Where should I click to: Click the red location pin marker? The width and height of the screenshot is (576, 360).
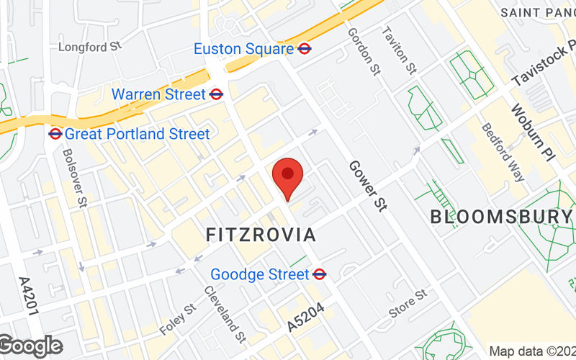288,176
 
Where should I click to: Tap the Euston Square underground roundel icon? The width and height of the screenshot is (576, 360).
305,49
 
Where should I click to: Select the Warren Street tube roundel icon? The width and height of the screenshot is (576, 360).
216,94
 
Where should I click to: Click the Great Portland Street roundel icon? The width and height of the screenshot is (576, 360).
55,133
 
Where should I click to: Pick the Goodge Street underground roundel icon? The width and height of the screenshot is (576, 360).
321,274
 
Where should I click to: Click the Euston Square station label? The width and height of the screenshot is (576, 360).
244,49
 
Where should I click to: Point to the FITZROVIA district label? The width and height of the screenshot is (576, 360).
261,235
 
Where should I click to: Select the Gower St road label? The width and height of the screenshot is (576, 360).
368,185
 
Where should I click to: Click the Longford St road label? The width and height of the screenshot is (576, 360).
90,48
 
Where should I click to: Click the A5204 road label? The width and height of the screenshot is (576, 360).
306,318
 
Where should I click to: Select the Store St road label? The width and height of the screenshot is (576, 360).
408,303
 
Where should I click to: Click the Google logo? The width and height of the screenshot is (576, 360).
32,346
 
